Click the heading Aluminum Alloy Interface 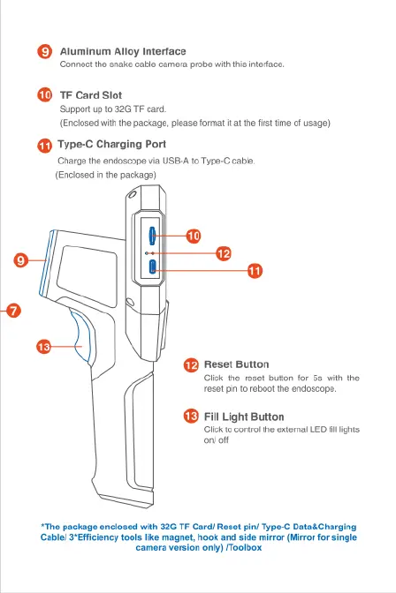123,51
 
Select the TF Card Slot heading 91,95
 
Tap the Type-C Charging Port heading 111,145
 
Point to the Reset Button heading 237,364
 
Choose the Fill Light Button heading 244,417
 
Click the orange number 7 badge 13,311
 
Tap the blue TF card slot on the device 151,236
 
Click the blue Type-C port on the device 152,267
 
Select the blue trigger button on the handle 82,336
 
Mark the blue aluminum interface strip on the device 46,263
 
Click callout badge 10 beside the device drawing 194,236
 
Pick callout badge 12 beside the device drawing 224,253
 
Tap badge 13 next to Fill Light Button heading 191,417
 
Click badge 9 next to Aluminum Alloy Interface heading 45,51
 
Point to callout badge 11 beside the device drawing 255,271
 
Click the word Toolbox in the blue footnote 245,548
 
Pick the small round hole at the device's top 132,195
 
